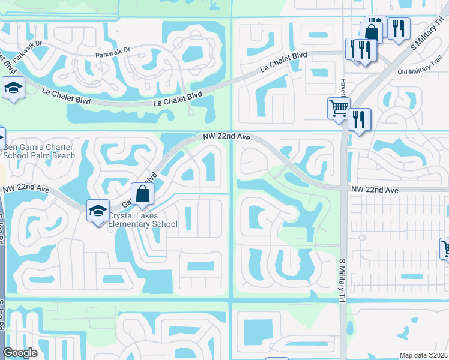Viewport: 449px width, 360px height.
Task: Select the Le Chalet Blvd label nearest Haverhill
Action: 283,63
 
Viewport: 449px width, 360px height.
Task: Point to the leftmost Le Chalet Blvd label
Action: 66,97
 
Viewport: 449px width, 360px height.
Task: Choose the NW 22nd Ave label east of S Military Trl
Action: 375,190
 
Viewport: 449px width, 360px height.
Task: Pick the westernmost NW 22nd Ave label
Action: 26,189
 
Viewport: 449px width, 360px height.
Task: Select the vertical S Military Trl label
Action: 343,279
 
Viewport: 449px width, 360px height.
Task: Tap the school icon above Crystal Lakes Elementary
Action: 98,211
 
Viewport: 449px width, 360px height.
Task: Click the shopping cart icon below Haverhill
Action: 339,109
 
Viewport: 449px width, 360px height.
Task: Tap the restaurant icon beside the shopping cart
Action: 359,119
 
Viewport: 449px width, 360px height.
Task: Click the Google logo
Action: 20,353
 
